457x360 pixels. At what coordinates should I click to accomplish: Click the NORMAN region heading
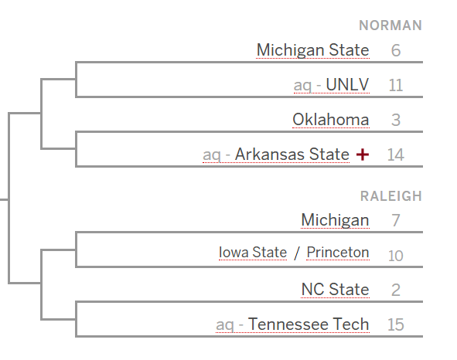click(x=390, y=25)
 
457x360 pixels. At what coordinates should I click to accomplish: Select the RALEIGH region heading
click(x=390, y=196)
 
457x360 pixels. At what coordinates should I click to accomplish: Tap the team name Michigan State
click(x=312, y=50)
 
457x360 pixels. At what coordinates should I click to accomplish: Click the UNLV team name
click(x=347, y=84)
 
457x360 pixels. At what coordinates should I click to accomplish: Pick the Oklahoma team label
click(x=331, y=120)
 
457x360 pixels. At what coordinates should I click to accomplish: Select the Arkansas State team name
click(x=292, y=154)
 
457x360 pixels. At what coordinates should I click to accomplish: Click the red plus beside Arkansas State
click(x=363, y=155)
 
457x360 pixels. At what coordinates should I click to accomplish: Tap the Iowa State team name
click(x=253, y=253)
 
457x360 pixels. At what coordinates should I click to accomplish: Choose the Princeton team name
click(x=338, y=253)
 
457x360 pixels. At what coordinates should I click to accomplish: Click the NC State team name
click(x=335, y=290)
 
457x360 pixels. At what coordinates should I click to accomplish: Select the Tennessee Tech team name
click(x=309, y=324)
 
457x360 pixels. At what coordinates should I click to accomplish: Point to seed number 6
click(x=396, y=50)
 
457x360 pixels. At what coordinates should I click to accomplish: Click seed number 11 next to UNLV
click(x=396, y=85)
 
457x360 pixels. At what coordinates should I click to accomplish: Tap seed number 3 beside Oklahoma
click(x=396, y=120)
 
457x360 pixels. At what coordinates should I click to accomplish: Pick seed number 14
click(x=396, y=155)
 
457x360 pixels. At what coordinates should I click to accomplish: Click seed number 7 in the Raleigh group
click(x=396, y=220)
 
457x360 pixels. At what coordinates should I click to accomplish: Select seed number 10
click(x=395, y=256)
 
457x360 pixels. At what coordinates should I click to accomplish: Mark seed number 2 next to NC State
click(x=396, y=290)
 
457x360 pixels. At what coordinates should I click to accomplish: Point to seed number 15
click(x=396, y=324)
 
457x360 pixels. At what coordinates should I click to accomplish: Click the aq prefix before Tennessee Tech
click(x=225, y=325)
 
